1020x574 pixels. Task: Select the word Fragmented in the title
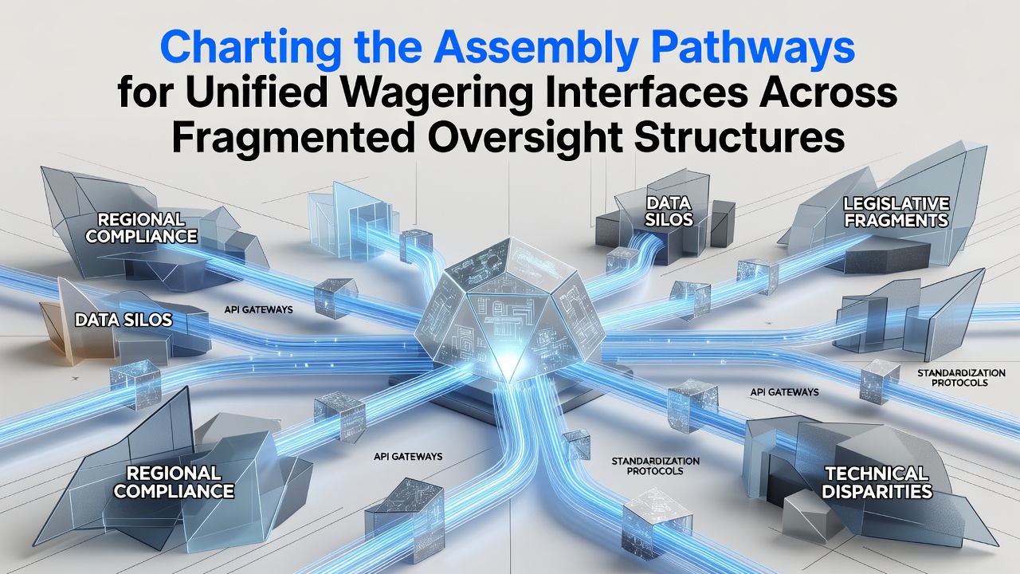294,140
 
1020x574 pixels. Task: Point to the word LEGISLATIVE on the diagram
896,203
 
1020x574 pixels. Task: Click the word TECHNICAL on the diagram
877,474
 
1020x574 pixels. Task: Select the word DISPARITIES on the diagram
877,492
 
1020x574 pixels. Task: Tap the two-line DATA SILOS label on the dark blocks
669,211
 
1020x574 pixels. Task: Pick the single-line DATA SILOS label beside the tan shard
124,320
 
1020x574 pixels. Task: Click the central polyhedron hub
510,310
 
